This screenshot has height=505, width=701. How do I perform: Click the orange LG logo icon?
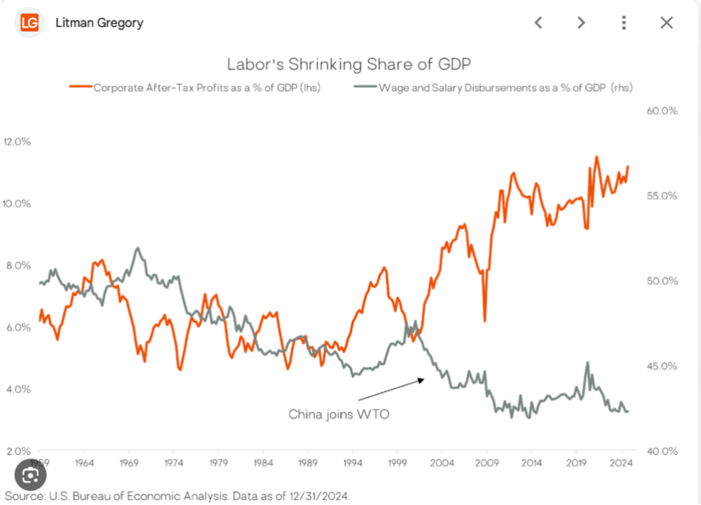(29, 22)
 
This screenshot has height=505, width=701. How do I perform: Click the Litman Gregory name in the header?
(99, 22)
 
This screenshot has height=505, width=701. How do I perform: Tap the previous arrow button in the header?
(538, 22)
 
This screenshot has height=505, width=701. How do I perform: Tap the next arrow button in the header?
(580, 22)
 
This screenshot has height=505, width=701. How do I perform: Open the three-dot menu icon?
(624, 22)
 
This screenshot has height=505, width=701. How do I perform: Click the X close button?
(667, 22)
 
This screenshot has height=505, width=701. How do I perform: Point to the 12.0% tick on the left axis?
(17, 141)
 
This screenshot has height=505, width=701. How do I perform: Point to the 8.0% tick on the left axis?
(17, 265)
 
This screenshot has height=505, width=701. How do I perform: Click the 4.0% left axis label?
(17, 389)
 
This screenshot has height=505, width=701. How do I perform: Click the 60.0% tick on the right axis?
(662, 110)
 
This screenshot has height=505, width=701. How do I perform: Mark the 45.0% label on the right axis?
(662, 366)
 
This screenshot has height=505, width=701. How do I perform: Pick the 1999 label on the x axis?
(398, 463)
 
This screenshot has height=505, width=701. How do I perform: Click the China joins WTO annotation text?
(339, 414)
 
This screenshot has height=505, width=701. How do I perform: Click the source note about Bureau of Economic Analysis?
(177, 496)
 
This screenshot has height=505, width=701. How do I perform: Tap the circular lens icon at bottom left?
(31, 474)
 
